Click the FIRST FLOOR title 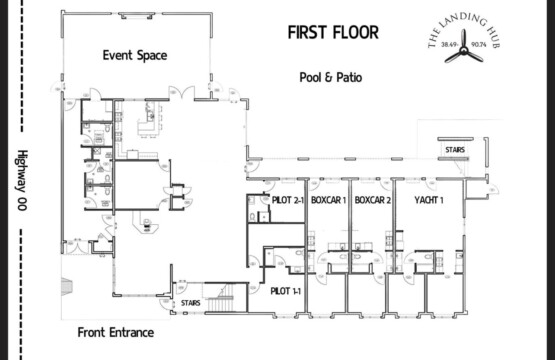point(333,32)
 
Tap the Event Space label point(134,55)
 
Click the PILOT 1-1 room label point(288,290)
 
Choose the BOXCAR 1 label point(328,200)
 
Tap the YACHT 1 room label point(428,200)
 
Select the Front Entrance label point(117,332)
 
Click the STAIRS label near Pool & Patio point(451,150)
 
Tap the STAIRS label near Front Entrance point(189,302)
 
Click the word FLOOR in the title point(355,32)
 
